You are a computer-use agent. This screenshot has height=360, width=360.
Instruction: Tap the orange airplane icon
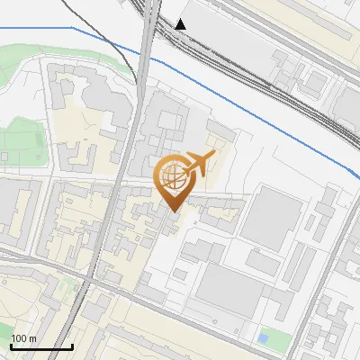pos(198,165)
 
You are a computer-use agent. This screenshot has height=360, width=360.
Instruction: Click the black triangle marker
pos(181,23)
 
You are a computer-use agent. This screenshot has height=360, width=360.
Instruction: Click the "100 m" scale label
pos(22,338)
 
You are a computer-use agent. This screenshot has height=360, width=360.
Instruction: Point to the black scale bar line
pos(40,346)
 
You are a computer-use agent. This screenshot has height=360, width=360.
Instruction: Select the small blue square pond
pos(262,338)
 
